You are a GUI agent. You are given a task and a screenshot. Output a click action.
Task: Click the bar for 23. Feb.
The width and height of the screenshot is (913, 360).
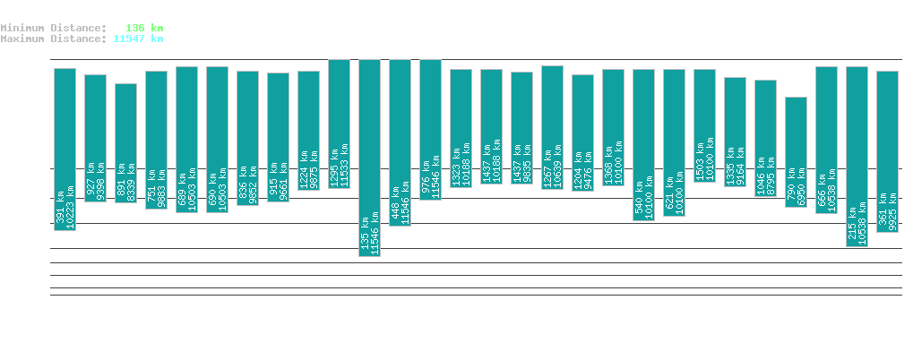(369, 158)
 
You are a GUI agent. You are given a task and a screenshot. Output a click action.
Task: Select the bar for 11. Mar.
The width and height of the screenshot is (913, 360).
(857, 156)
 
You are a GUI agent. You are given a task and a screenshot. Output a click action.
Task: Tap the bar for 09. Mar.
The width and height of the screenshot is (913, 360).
(796, 151)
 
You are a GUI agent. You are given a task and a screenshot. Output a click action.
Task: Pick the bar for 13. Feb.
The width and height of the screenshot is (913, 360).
(65, 149)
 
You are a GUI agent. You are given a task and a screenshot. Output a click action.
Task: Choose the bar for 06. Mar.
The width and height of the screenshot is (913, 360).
(704, 125)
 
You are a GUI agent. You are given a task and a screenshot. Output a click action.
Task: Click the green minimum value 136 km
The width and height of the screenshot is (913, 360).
(144, 28)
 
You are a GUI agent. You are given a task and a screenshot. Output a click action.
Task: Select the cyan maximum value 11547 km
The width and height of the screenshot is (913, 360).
(138, 39)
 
